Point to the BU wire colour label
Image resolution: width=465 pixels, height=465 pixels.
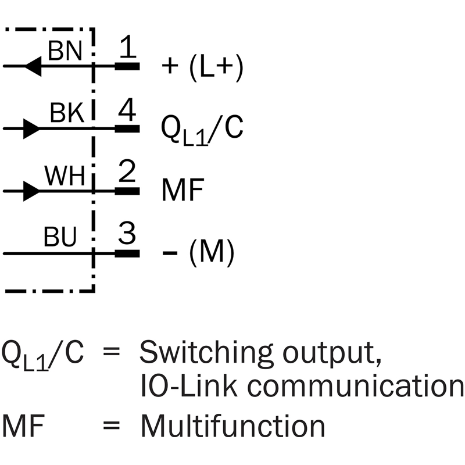click(x=60, y=238)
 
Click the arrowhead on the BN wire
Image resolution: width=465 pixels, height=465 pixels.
click(x=33, y=66)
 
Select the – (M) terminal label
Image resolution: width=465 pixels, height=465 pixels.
click(x=198, y=253)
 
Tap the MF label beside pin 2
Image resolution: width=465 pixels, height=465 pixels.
click(x=181, y=190)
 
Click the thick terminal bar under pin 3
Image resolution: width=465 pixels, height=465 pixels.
click(x=127, y=253)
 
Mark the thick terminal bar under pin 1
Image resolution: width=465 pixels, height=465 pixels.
click(x=127, y=66)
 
